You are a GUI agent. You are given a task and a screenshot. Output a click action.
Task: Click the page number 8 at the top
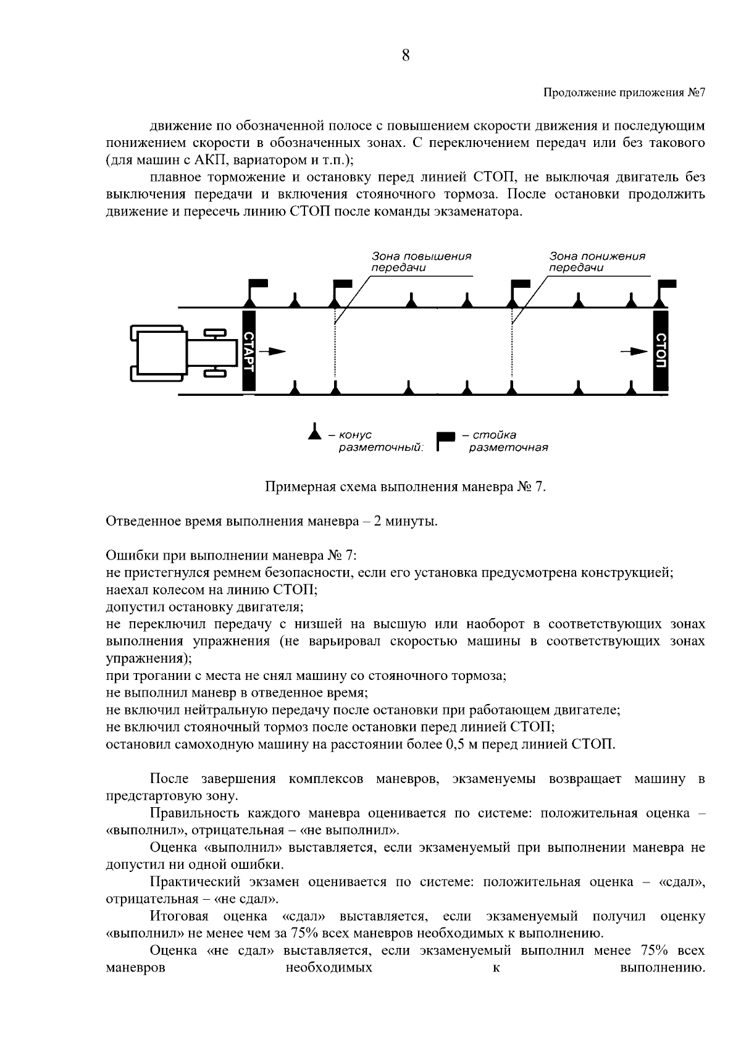coord(405,56)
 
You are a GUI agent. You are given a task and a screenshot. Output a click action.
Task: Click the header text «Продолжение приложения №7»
coord(624,93)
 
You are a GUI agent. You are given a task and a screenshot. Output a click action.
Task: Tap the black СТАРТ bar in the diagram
coord(248,351)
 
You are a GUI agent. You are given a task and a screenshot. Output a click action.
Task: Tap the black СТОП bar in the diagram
coord(660,350)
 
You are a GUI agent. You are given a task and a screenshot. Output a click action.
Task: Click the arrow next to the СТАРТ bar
coord(273,351)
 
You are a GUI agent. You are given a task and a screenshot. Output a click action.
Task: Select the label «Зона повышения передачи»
coord(421,262)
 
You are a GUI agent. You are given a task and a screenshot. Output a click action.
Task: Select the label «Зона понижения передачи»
coord(597,262)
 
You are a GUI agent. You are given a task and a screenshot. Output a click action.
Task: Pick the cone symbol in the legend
coord(315,432)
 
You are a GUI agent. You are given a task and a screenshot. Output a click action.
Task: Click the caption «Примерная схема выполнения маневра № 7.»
coord(406,487)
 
